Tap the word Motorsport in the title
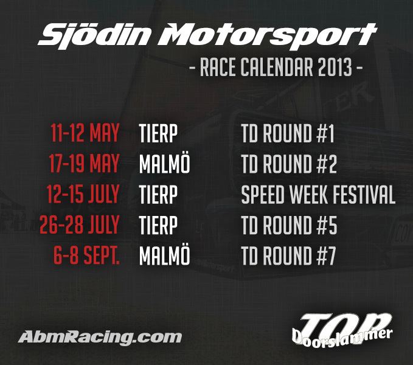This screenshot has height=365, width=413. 268,36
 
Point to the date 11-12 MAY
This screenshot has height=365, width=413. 85,133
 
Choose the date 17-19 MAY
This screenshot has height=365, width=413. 84,164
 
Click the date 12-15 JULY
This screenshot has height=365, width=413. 83,194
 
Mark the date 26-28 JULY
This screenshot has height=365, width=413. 79,224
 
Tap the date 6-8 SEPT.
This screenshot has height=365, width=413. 86,255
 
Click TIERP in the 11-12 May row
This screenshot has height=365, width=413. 158,133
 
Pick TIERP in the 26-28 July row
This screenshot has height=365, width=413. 158,224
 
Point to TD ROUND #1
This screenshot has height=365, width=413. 288,133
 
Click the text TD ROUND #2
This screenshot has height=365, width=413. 289,164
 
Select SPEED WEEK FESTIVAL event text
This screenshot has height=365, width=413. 318,194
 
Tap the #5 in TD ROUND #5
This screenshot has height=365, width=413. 327,224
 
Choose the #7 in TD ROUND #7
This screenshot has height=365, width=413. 327,255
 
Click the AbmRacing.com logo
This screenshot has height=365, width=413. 100,338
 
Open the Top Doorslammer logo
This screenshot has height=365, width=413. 342,328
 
